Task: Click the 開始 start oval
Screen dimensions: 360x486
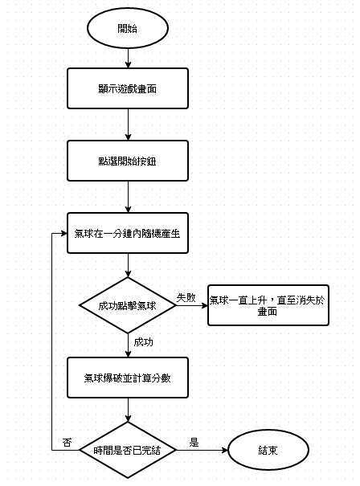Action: click(128, 28)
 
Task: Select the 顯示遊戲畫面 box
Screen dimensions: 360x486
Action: click(128, 88)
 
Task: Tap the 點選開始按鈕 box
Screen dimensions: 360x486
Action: click(128, 161)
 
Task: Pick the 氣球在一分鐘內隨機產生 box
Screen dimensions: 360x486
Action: click(128, 233)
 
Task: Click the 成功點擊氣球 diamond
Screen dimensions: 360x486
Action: click(128, 305)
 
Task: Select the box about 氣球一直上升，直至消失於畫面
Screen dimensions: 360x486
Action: click(268, 305)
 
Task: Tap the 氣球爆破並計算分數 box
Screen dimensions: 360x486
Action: click(128, 378)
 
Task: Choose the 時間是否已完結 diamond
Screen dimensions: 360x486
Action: click(128, 450)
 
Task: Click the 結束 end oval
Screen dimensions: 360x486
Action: click(268, 450)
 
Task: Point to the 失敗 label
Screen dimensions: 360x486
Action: click(186, 297)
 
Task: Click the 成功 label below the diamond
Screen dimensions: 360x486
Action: click(143, 342)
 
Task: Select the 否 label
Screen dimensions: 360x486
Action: click(67, 443)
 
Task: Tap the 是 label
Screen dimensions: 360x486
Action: click(194, 443)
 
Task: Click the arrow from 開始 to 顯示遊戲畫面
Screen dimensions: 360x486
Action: click(128, 59)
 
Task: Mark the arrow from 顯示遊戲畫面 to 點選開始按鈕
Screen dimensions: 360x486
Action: click(128, 125)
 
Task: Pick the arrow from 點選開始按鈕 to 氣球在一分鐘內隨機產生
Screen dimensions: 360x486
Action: click(128, 197)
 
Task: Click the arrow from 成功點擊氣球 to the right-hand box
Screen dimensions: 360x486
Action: click(192, 305)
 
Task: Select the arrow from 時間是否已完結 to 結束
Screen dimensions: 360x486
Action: click(202, 450)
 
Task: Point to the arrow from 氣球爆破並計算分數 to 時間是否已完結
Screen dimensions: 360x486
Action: click(128, 410)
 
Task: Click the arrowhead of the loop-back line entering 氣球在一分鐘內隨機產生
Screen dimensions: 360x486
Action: click(64, 233)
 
